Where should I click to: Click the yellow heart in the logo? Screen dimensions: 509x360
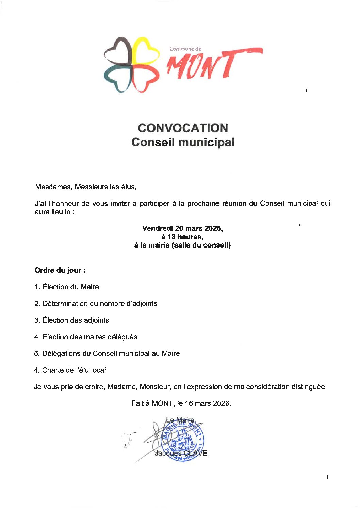[x=146, y=51]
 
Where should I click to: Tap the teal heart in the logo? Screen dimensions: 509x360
[x=117, y=78]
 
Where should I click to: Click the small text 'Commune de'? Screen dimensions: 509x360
[x=185, y=49]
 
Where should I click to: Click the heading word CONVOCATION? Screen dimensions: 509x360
[x=183, y=128]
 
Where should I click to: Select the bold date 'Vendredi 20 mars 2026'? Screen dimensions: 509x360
[x=182, y=228]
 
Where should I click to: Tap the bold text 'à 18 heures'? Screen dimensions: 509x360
[x=182, y=237]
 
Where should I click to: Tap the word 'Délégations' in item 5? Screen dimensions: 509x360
[x=62, y=354]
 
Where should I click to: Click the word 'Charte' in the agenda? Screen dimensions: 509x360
[x=53, y=370]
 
